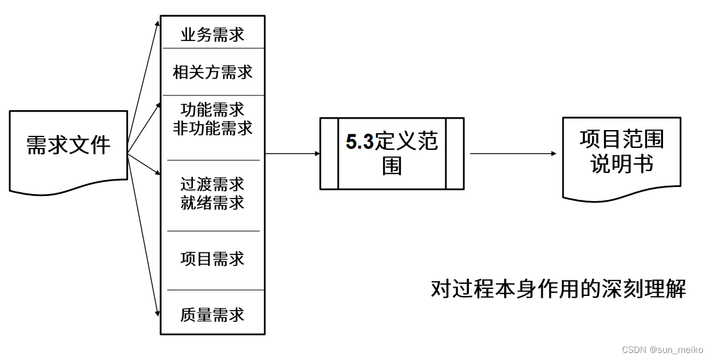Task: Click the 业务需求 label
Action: click(x=213, y=34)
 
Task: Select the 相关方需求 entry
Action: click(x=213, y=72)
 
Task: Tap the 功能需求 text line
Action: click(x=213, y=109)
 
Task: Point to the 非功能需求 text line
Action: click(x=213, y=128)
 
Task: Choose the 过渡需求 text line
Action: click(x=213, y=184)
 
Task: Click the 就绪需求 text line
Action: click(x=213, y=204)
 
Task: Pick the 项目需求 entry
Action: click(x=213, y=259)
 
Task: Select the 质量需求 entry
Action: click(x=213, y=315)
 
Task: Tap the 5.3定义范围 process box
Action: click(x=391, y=154)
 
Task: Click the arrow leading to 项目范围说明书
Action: click(x=512, y=154)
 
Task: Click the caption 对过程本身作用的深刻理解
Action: click(x=558, y=289)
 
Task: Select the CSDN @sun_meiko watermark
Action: click(x=662, y=350)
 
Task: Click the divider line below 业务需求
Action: click(x=213, y=48)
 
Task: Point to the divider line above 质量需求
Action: click(x=213, y=290)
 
